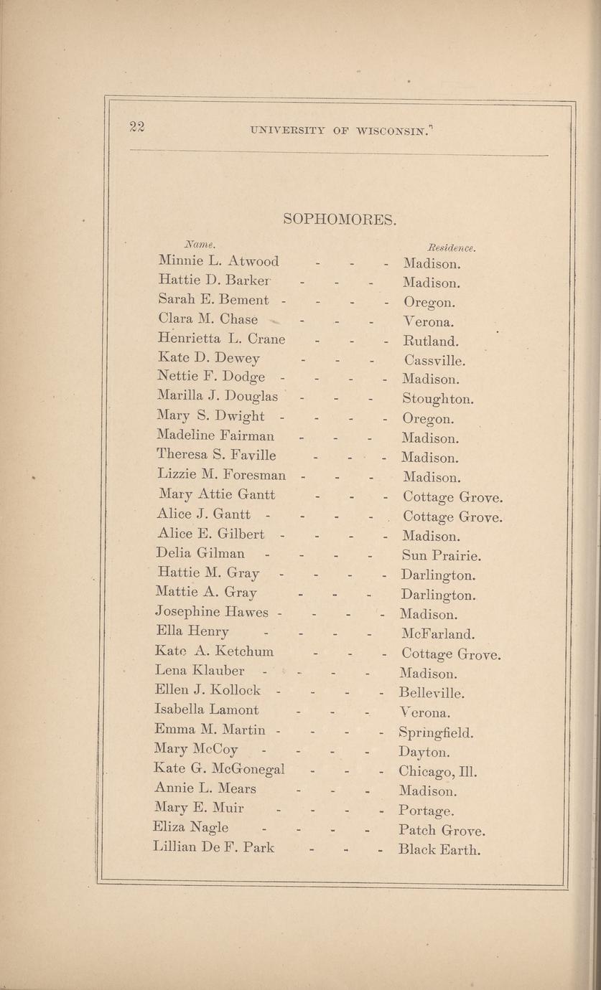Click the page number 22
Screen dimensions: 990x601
[137, 127]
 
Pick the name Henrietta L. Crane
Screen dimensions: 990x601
[221, 339]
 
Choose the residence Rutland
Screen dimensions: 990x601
[431, 341]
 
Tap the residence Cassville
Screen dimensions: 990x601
[434, 360]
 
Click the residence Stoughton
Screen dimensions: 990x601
[438, 399]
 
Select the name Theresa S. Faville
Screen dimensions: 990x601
[216, 455]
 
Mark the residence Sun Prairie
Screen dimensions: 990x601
[441, 555]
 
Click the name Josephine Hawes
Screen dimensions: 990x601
[212, 613]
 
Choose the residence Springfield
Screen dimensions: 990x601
[436, 733]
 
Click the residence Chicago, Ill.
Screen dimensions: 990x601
[438, 773]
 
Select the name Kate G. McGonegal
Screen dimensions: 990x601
[220, 768]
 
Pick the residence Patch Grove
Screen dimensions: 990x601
[442, 831]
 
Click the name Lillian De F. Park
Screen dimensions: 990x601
[214, 847]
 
